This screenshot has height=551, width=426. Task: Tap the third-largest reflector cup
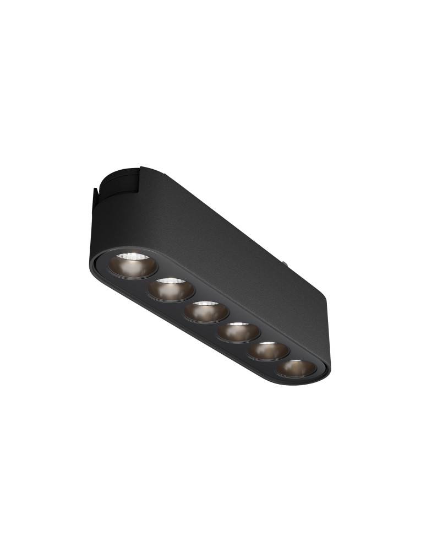(x=206, y=312)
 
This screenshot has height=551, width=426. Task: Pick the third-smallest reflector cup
(x=238, y=332)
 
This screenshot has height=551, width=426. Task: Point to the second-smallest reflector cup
(x=267, y=351)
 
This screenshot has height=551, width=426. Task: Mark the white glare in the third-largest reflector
(x=204, y=304)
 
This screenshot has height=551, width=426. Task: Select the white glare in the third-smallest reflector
(x=237, y=325)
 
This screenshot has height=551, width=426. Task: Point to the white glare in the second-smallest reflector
(x=266, y=344)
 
